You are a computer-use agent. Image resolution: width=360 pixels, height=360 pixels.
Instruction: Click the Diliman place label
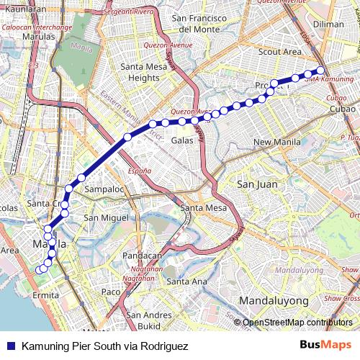(329, 24)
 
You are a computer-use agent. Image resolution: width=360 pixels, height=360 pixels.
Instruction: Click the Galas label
(182, 140)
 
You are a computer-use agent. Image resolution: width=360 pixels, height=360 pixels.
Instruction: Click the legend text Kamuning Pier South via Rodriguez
(104, 346)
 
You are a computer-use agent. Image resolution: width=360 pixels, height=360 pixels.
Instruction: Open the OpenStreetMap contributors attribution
(297, 323)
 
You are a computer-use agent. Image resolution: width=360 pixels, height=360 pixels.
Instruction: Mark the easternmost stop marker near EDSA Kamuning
(321, 71)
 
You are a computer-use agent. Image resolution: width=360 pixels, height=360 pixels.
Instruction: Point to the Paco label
(111, 292)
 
